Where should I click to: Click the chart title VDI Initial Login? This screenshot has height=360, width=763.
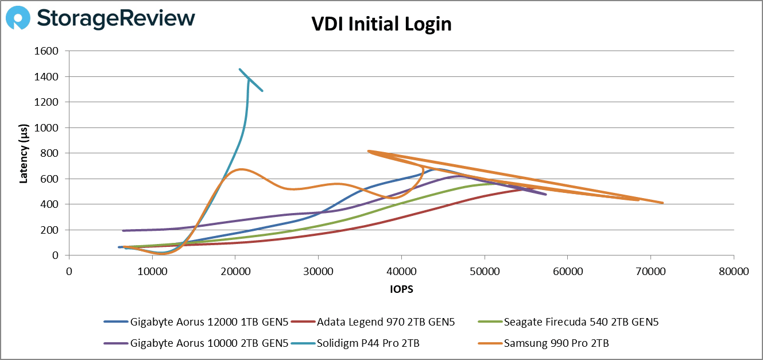tap(381, 24)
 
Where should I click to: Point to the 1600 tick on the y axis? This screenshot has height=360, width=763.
tap(47, 51)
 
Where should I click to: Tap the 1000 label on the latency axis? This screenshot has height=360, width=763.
tap(47, 128)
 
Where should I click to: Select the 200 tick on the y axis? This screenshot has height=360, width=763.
tap(51, 230)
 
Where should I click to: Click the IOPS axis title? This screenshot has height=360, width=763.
tap(401, 290)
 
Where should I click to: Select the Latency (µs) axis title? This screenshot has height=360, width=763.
tap(24, 153)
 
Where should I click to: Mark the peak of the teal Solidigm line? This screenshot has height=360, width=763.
tap(240, 69)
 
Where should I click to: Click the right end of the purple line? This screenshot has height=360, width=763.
tap(546, 195)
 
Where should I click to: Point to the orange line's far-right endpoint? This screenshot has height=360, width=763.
tap(663, 203)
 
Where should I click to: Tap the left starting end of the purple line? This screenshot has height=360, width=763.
tap(123, 231)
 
